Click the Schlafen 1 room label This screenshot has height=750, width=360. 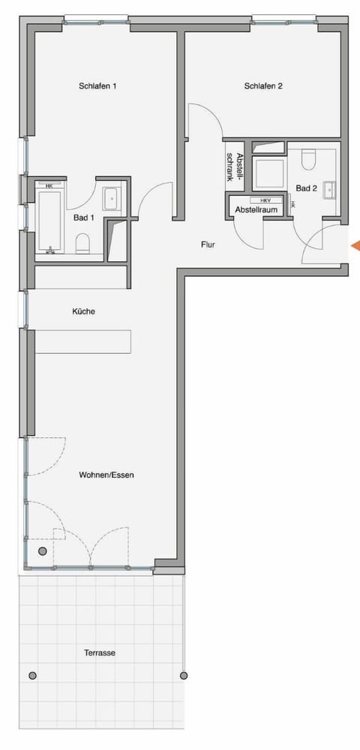[97, 86]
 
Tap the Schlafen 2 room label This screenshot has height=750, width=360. [263, 86]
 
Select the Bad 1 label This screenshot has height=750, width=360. [83, 217]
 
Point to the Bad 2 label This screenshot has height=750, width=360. [306, 188]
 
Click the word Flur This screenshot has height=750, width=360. [208, 244]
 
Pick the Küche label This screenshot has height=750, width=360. [84, 311]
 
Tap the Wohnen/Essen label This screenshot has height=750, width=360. [106, 475]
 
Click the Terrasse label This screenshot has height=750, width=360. [100, 653]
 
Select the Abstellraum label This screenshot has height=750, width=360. [257, 211]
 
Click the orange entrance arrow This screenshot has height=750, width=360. [355, 245]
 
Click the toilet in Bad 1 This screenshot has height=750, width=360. [83, 242]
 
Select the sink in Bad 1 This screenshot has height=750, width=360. [110, 198]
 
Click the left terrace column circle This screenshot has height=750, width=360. [32, 676]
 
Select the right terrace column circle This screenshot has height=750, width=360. [184, 676]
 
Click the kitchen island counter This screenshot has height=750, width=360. [82, 342]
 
